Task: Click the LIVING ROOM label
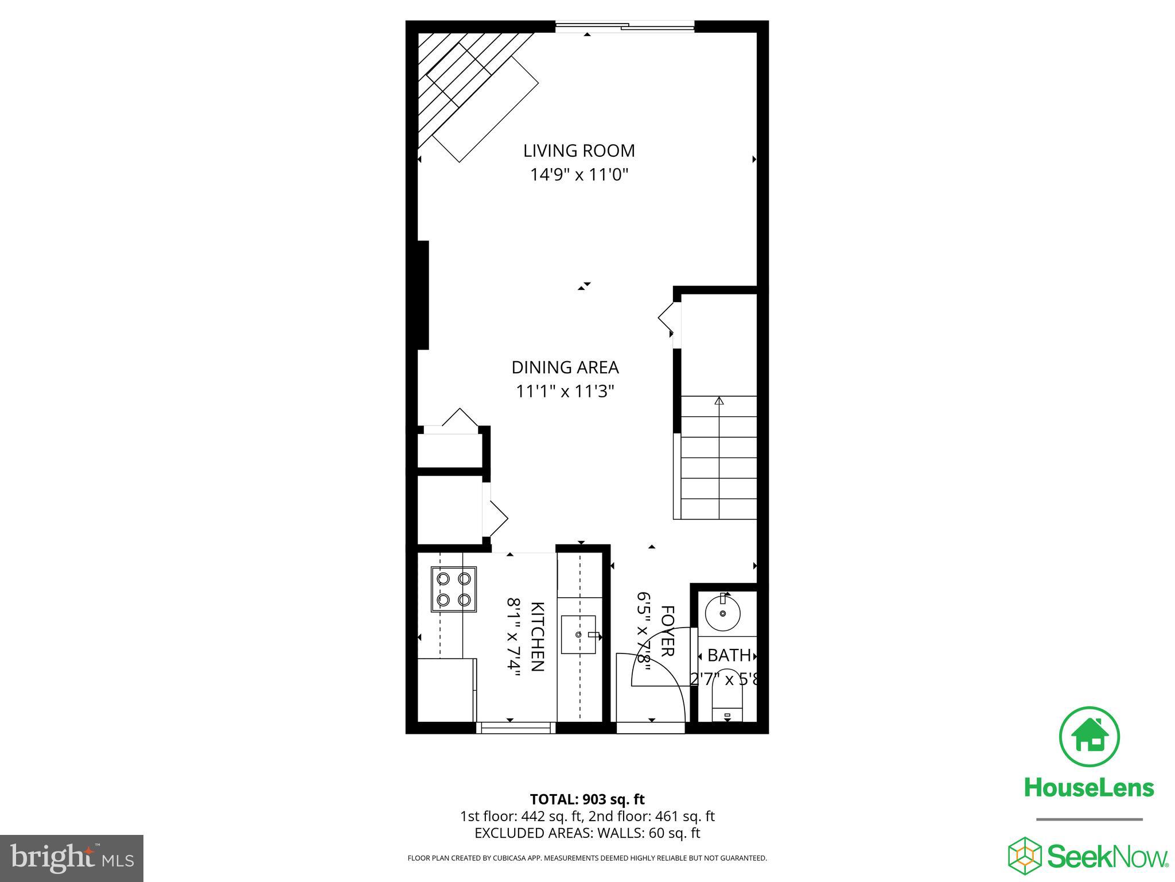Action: point(579,151)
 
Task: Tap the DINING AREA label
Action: point(565,367)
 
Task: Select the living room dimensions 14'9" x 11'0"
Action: point(579,175)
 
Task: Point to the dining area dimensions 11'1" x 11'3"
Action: point(565,392)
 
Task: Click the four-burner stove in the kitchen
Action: point(454,589)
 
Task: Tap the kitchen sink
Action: point(578,635)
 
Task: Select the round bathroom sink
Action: point(723,614)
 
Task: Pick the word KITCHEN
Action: point(537,636)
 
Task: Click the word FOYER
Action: point(667,630)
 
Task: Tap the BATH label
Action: point(729,655)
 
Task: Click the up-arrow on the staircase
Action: point(719,401)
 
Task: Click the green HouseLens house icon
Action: point(1088,737)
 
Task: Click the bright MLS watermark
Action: point(72,858)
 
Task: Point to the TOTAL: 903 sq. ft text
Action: point(587,799)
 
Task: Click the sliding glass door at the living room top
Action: point(625,26)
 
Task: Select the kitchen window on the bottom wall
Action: point(516,728)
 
